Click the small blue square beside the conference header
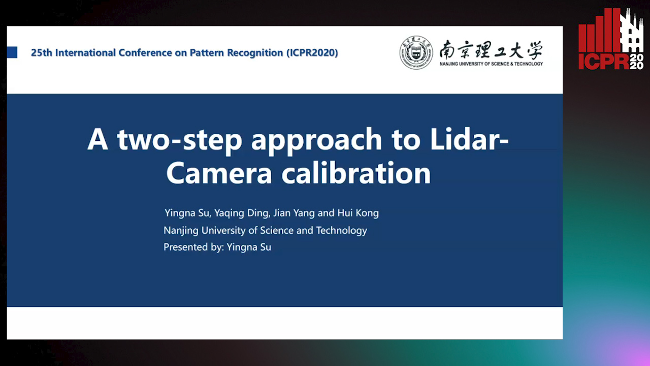coord(12,52)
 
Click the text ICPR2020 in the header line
coord(312,52)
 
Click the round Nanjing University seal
coord(416,52)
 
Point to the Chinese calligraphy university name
coord(491,50)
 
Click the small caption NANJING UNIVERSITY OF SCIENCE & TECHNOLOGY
coord(491,64)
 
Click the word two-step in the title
coord(180,140)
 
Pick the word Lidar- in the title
coord(469,139)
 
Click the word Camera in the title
coord(219,174)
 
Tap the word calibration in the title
coord(356,172)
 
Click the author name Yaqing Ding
coord(242,213)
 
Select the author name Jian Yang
coord(294,213)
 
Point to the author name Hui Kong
coord(358,213)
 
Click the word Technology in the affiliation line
coord(342,231)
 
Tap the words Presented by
coord(193,247)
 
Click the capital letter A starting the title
coord(98,139)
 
